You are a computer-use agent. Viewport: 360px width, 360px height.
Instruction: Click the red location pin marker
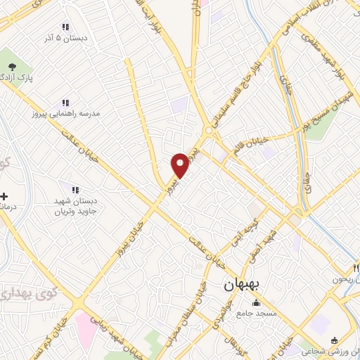(180, 165)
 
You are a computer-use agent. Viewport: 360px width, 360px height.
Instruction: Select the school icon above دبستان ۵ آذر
(66, 27)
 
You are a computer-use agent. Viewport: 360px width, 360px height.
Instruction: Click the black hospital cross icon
(5, 196)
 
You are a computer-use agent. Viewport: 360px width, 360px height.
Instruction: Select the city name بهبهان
(243, 286)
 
